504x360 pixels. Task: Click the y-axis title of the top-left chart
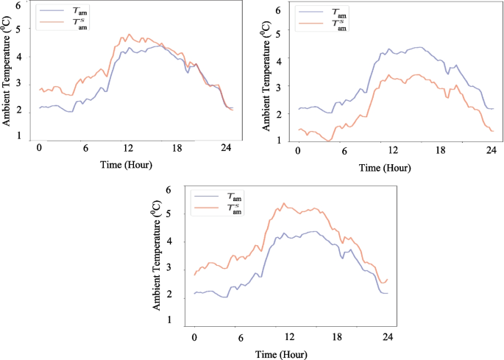coord(7,73)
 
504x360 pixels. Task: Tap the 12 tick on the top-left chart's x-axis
coord(128,148)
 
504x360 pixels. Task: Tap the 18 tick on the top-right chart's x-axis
coord(441,151)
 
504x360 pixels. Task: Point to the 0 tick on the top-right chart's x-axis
coord(298,151)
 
